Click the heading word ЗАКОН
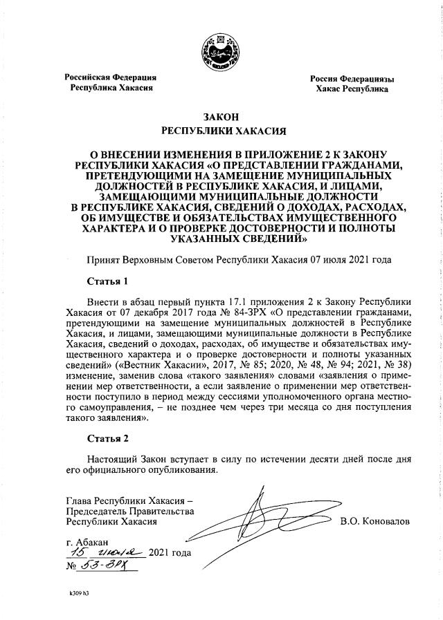click(x=221, y=117)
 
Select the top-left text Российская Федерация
click(x=110, y=77)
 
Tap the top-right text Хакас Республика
click(x=352, y=89)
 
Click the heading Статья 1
click(x=107, y=281)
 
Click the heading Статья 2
click(x=107, y=438)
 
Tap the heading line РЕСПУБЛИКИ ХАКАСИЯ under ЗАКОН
click(x=221, y=130)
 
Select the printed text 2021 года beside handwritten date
click(x=170, y=552)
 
